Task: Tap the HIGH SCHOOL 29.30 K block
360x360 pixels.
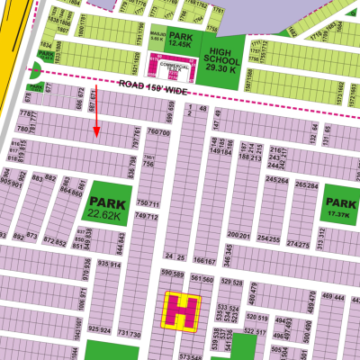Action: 220,56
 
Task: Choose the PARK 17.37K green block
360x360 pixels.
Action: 340,207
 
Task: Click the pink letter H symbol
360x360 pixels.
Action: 183,312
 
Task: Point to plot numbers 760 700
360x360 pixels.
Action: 158,132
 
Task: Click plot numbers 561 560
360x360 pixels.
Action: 203,280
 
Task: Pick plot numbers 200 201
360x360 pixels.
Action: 238,235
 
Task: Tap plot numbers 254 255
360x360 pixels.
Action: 269,238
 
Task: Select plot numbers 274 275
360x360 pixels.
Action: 298,243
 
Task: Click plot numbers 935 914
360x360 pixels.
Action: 109,265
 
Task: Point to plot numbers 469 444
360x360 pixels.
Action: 333,297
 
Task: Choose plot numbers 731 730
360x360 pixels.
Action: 130,335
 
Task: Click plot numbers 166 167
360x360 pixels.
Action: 205,261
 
